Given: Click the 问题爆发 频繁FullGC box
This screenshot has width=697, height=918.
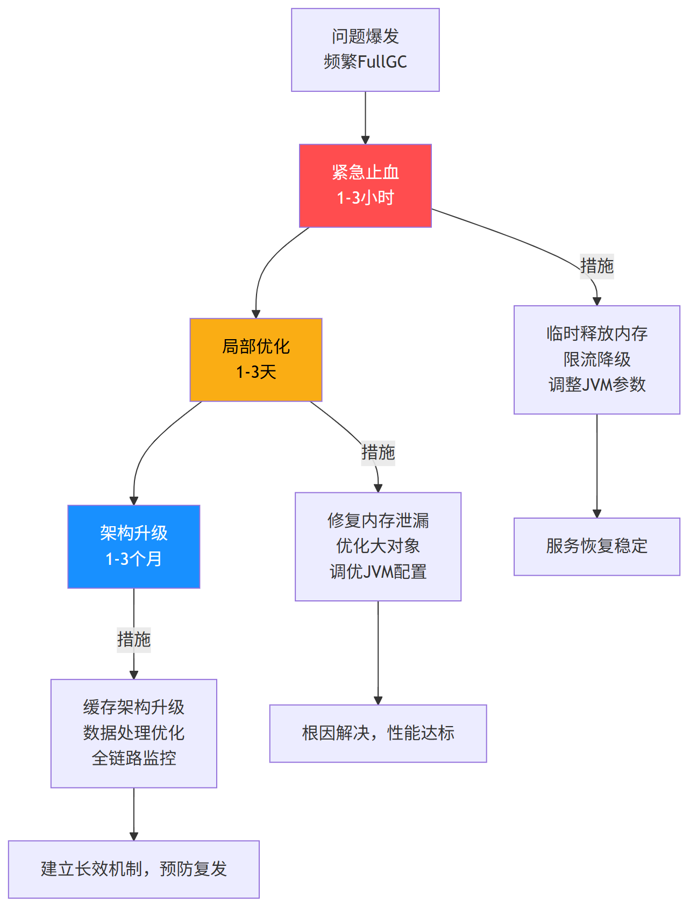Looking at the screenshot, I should (365, 49).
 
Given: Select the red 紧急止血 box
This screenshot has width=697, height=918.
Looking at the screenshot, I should (365, 185).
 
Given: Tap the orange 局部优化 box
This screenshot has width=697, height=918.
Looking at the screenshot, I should (256, 359).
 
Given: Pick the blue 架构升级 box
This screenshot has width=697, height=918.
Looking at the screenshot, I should (134, 546).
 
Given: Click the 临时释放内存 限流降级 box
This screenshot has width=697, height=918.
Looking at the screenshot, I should (596, 359).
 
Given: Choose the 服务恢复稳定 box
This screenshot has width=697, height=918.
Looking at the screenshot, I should (596, 546).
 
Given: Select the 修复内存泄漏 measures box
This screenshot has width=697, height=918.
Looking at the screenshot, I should (378, 546).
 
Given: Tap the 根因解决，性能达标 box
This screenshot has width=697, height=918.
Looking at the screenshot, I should (378, 733).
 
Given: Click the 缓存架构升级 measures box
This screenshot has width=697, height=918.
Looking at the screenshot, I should (134, 733).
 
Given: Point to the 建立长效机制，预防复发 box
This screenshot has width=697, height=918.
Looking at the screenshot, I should (134, 869).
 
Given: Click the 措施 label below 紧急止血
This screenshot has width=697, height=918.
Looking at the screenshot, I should (596, 266).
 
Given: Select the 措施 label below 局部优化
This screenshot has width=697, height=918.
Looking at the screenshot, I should (378, 453).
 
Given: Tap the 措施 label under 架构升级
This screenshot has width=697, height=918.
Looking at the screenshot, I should (134, 640).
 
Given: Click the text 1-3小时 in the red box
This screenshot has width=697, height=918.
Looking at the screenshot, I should (365, 198).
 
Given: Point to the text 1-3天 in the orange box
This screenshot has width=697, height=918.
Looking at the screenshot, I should (256, 372).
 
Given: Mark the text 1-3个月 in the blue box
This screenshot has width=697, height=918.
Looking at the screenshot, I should (134, 559).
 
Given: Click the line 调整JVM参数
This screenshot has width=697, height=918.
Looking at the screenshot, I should (596, 385).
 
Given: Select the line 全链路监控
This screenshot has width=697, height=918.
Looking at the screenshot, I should (134, 758).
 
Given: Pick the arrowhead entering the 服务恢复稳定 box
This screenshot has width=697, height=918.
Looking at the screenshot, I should (596, 514).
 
